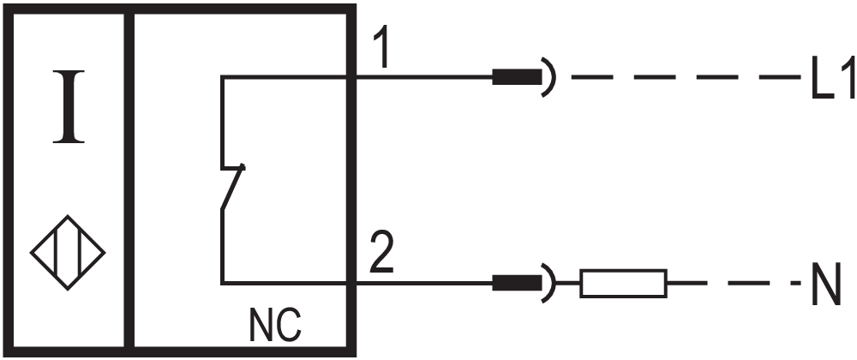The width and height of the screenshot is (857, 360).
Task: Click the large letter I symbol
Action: coord(69,106)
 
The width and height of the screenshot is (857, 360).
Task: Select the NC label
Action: coord(275,326)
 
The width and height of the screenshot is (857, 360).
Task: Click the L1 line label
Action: coord(832,78)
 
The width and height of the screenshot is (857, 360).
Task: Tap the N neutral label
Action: coord(825,284)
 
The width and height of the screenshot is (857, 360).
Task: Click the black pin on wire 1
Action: coord(517,77)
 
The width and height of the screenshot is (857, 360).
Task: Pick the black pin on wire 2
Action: coord(517,283)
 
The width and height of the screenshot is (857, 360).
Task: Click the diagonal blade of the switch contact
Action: coord(232,187)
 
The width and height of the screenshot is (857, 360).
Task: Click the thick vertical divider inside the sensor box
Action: coord(129,180)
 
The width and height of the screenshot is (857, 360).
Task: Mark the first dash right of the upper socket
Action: coord(592,77)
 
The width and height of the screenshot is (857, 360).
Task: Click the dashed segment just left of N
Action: coord(796,283)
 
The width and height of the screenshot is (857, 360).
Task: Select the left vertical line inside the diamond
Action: coord(55,252)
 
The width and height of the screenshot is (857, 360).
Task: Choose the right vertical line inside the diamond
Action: coord(81,252)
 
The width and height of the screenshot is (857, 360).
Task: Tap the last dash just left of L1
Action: coord(781,77)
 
